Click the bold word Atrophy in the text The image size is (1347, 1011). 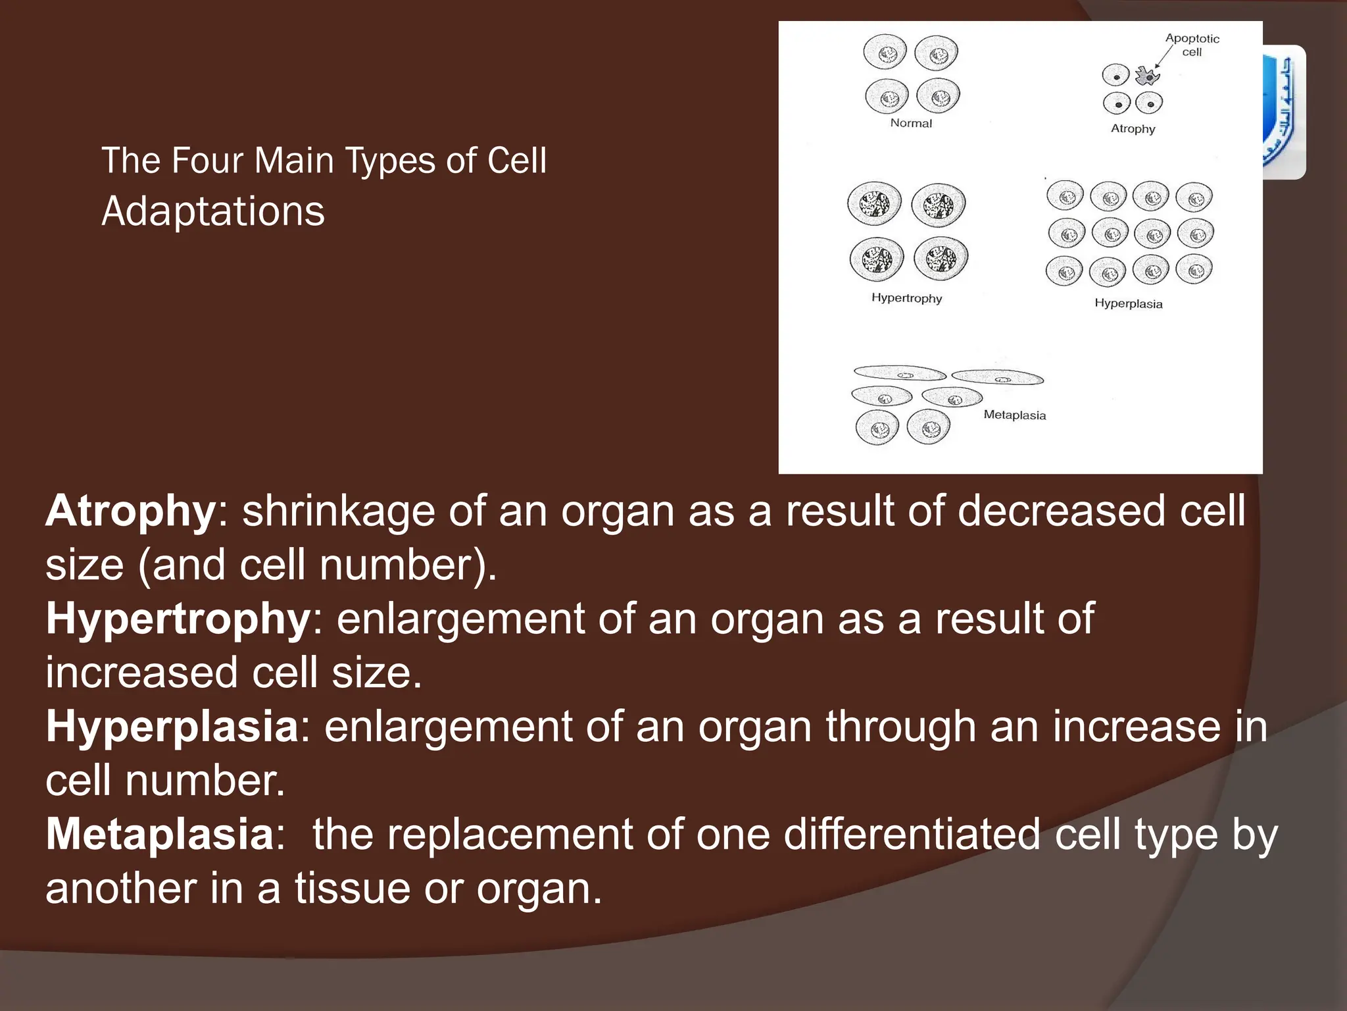point(130,512)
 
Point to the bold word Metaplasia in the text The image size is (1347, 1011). point(160,835)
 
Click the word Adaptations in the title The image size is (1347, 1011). point(213,212)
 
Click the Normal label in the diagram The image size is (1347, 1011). point(911,123)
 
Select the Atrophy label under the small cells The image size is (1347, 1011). point(1133,129)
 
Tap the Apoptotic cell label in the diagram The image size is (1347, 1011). point(1192,45)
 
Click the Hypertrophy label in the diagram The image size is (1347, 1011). point(906,298)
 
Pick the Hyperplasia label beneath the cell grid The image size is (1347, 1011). point(1128,304)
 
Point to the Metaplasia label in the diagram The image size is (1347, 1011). point(1014,415)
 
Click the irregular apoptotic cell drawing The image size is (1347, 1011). point(1148,76)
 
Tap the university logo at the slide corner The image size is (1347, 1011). point(1284,112)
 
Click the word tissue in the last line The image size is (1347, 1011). point(352,889)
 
